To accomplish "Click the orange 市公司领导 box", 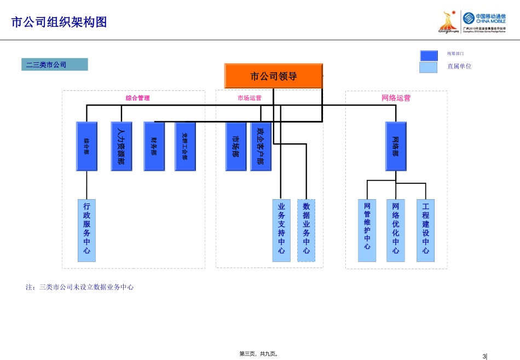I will pos(273,76).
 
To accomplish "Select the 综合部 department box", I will pos(86,146).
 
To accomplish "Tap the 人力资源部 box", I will pos(121,146).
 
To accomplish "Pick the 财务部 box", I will pos(154,146).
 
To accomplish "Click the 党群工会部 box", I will pos(185,146).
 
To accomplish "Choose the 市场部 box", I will pos(236,146).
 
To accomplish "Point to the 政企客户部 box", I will pos(261,146).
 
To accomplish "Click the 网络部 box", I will pos(396,146).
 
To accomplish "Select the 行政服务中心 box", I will pos(86,230).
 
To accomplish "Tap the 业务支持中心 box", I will pos(281,230).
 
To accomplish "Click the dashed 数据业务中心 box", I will pos(306,230).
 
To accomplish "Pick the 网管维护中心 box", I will pos(367,230).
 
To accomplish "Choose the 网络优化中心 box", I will pos(396,230).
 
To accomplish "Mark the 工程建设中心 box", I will pos(425,230).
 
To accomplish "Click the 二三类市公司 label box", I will pos(54,65).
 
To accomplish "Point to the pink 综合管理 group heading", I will pos(137,98).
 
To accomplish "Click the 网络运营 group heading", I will pos(396,98).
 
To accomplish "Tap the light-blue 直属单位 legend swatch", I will pos(429,67).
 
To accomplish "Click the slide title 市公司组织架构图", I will pos(59,22).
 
